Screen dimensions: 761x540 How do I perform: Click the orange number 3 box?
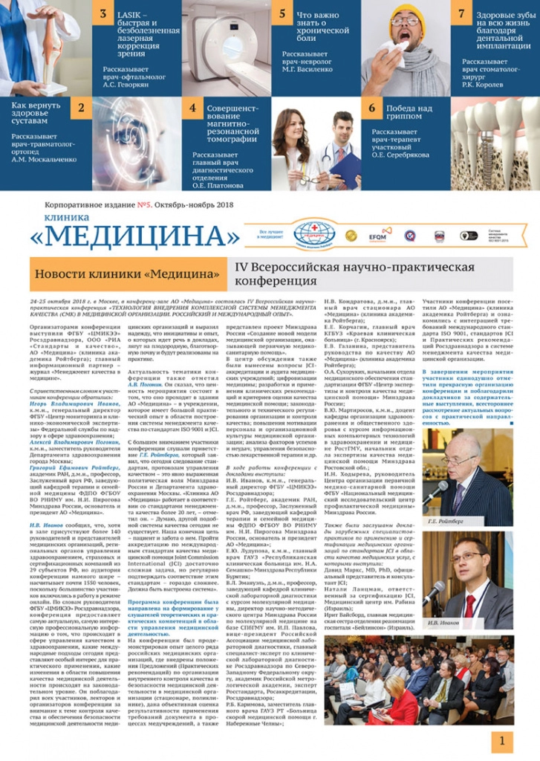103,13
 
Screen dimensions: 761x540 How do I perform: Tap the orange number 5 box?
282,13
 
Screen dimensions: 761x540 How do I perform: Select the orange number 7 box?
462,13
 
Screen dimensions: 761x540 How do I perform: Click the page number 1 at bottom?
502,740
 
